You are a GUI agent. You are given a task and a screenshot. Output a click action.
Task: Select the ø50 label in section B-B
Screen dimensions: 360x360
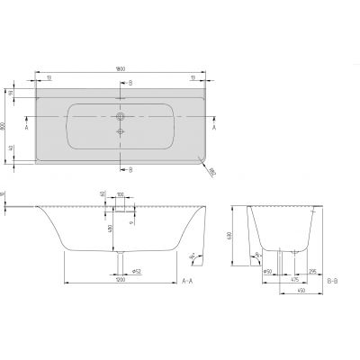(268, 267)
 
